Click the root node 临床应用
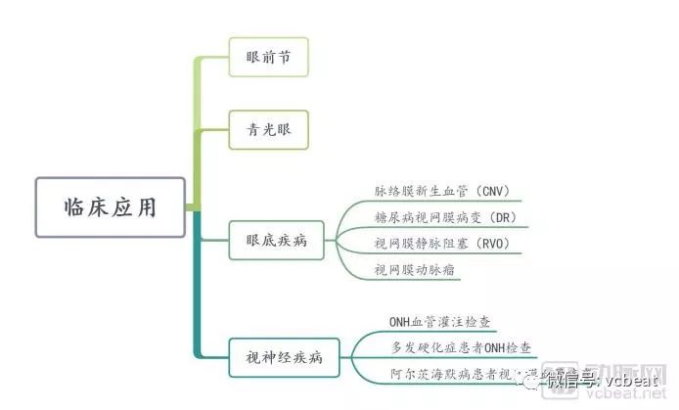110,206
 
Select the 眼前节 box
269,58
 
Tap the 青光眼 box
269,128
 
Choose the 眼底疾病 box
277,240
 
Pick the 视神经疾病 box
283,356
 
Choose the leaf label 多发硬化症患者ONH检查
462,347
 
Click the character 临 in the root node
75,206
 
